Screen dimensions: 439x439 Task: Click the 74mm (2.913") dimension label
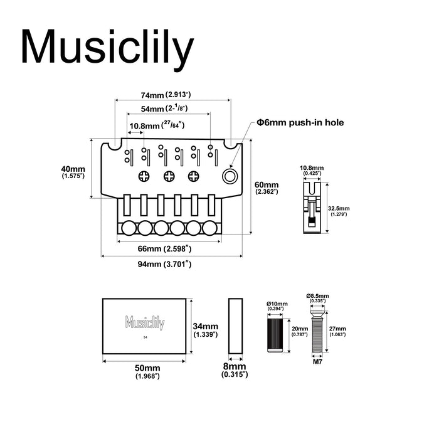166,95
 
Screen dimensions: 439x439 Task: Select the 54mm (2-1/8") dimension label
166,108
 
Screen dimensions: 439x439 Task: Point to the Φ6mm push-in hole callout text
300,124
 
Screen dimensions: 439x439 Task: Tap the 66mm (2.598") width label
165,249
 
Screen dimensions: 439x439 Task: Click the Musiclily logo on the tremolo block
144,324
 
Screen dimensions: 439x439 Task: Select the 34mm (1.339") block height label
206,330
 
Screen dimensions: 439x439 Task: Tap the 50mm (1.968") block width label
147,371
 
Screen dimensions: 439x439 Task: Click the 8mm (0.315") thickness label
235,370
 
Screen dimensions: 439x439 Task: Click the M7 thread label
317,362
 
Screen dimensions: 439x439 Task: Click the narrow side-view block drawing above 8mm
235,325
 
